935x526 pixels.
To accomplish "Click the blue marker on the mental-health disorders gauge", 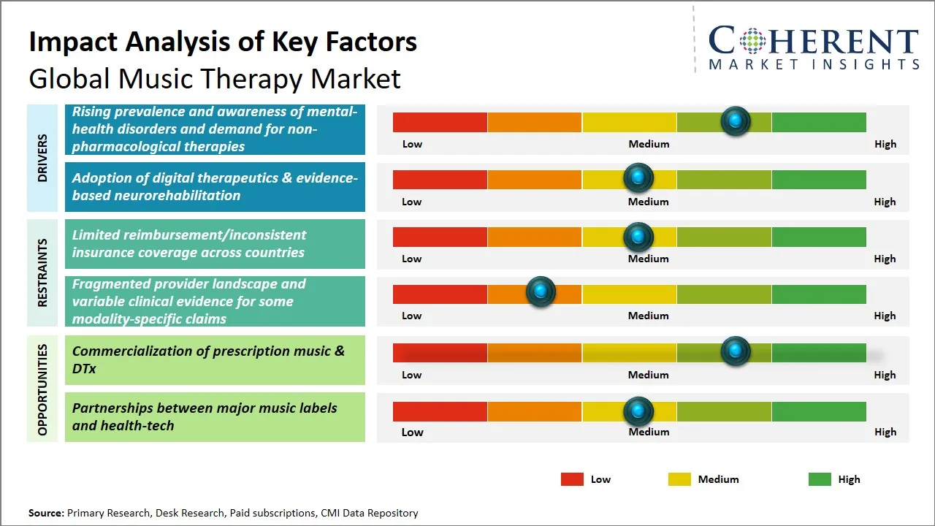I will (736, 121).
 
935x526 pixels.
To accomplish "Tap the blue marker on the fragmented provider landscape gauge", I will (541, 292).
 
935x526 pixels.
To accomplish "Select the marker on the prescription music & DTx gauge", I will (736, 351).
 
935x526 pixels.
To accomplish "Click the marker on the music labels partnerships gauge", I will (638, 411).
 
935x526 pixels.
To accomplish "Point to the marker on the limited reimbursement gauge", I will (638, 237).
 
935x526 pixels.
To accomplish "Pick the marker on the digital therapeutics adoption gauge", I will (638, 178).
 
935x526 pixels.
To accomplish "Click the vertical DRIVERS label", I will (42, 158).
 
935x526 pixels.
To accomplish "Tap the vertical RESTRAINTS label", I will (42, 272).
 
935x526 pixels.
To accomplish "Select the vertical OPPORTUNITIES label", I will (42, 389).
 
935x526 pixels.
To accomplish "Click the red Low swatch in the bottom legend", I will (572, 479).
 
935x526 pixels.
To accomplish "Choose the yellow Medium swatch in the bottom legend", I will (679, 479).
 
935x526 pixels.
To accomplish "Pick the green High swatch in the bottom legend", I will (820, 479).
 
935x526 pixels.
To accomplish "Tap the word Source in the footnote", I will (46, 513).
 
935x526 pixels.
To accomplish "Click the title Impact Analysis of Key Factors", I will (223, 42).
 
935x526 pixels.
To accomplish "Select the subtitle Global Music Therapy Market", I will (215, 78).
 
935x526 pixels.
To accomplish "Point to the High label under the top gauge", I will (885, 144).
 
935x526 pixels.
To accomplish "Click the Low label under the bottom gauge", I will (412, 432).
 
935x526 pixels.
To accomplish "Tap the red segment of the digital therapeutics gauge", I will (440, 180).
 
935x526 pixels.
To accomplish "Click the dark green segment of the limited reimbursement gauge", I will (818, 237).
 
